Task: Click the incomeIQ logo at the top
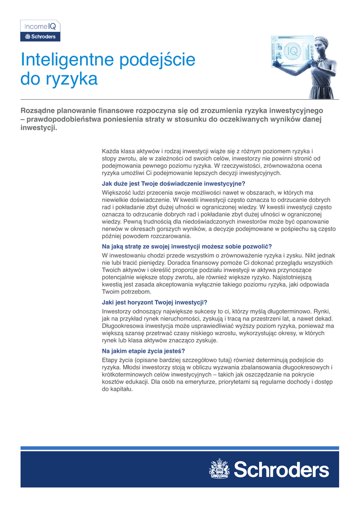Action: click(x=40, y=27)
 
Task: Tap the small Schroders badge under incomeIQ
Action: click(x=40, y=37)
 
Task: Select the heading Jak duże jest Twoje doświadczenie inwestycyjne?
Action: click(x=173, y=183)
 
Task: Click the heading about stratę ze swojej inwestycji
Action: click(x=187, y=247)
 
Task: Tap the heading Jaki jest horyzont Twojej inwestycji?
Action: click(x=154, y=302)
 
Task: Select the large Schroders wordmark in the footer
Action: click(x=281, y=469)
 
